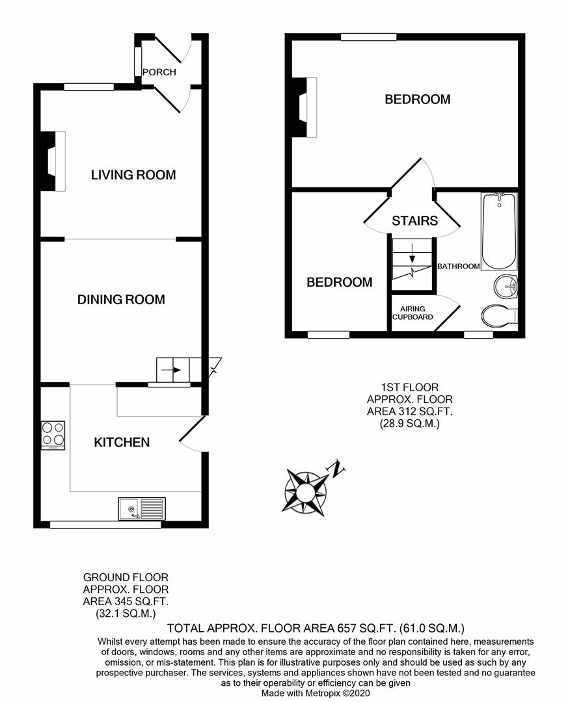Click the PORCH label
pyautogui.click(x=159, y=72)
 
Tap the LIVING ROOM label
pyautogui.click(x=133, y=175)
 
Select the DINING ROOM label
pyautogui.click(x=121, y=300)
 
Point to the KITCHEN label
pyautogui.click(x=122, y=443)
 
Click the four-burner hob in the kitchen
pyautogui.click(x=53, y=435)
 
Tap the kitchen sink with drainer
pyautogui.click(x=142, y=508)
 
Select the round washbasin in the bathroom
pyautogui.click(x=506, y=285)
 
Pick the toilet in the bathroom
pyautogui.click(x=500, y=317)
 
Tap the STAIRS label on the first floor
pyautogui.click(x=414, y=221)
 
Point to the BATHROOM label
pyautogui.click(x=459, y=266)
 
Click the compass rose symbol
pyautogui.click(x=304, y=491)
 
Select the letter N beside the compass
pyautogui.click(x=336, y=467)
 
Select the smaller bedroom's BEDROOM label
pyautogui.click(x=340, y=283)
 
